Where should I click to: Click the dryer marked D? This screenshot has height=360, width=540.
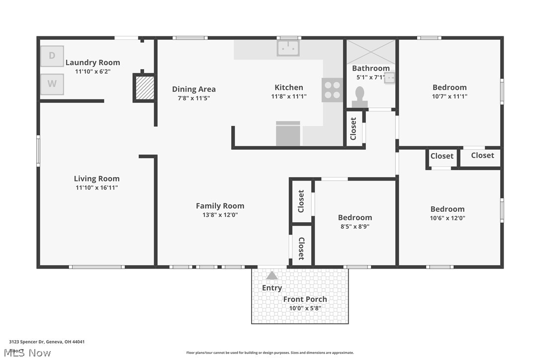(52, 56)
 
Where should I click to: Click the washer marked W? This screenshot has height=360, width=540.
(52, 84)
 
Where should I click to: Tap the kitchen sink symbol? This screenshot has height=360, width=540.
(288, 48)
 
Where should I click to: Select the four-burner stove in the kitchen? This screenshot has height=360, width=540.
(332, 90)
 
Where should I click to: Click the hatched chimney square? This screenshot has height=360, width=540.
(145, 89)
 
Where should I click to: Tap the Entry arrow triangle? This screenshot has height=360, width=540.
(271, 275)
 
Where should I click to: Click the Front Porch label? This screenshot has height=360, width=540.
(305, 299)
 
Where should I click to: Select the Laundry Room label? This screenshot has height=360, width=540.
(92, 63)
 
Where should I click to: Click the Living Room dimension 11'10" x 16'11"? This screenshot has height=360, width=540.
(96, 187)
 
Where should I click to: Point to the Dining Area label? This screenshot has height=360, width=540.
(194, 89)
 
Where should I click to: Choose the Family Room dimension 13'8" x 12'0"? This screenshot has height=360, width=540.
(220, 215)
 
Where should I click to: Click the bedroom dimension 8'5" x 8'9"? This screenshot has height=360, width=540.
(355, 226)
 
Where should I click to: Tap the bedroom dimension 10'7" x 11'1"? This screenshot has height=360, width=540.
(450, 96)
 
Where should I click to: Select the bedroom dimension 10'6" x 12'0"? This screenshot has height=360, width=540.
(448, 218)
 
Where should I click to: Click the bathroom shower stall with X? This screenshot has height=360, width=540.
(371, 52)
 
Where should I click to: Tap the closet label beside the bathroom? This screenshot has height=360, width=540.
(354, 128)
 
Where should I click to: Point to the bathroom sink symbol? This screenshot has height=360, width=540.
(390, 78)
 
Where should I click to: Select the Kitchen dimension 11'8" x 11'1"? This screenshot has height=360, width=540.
(288, 96)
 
